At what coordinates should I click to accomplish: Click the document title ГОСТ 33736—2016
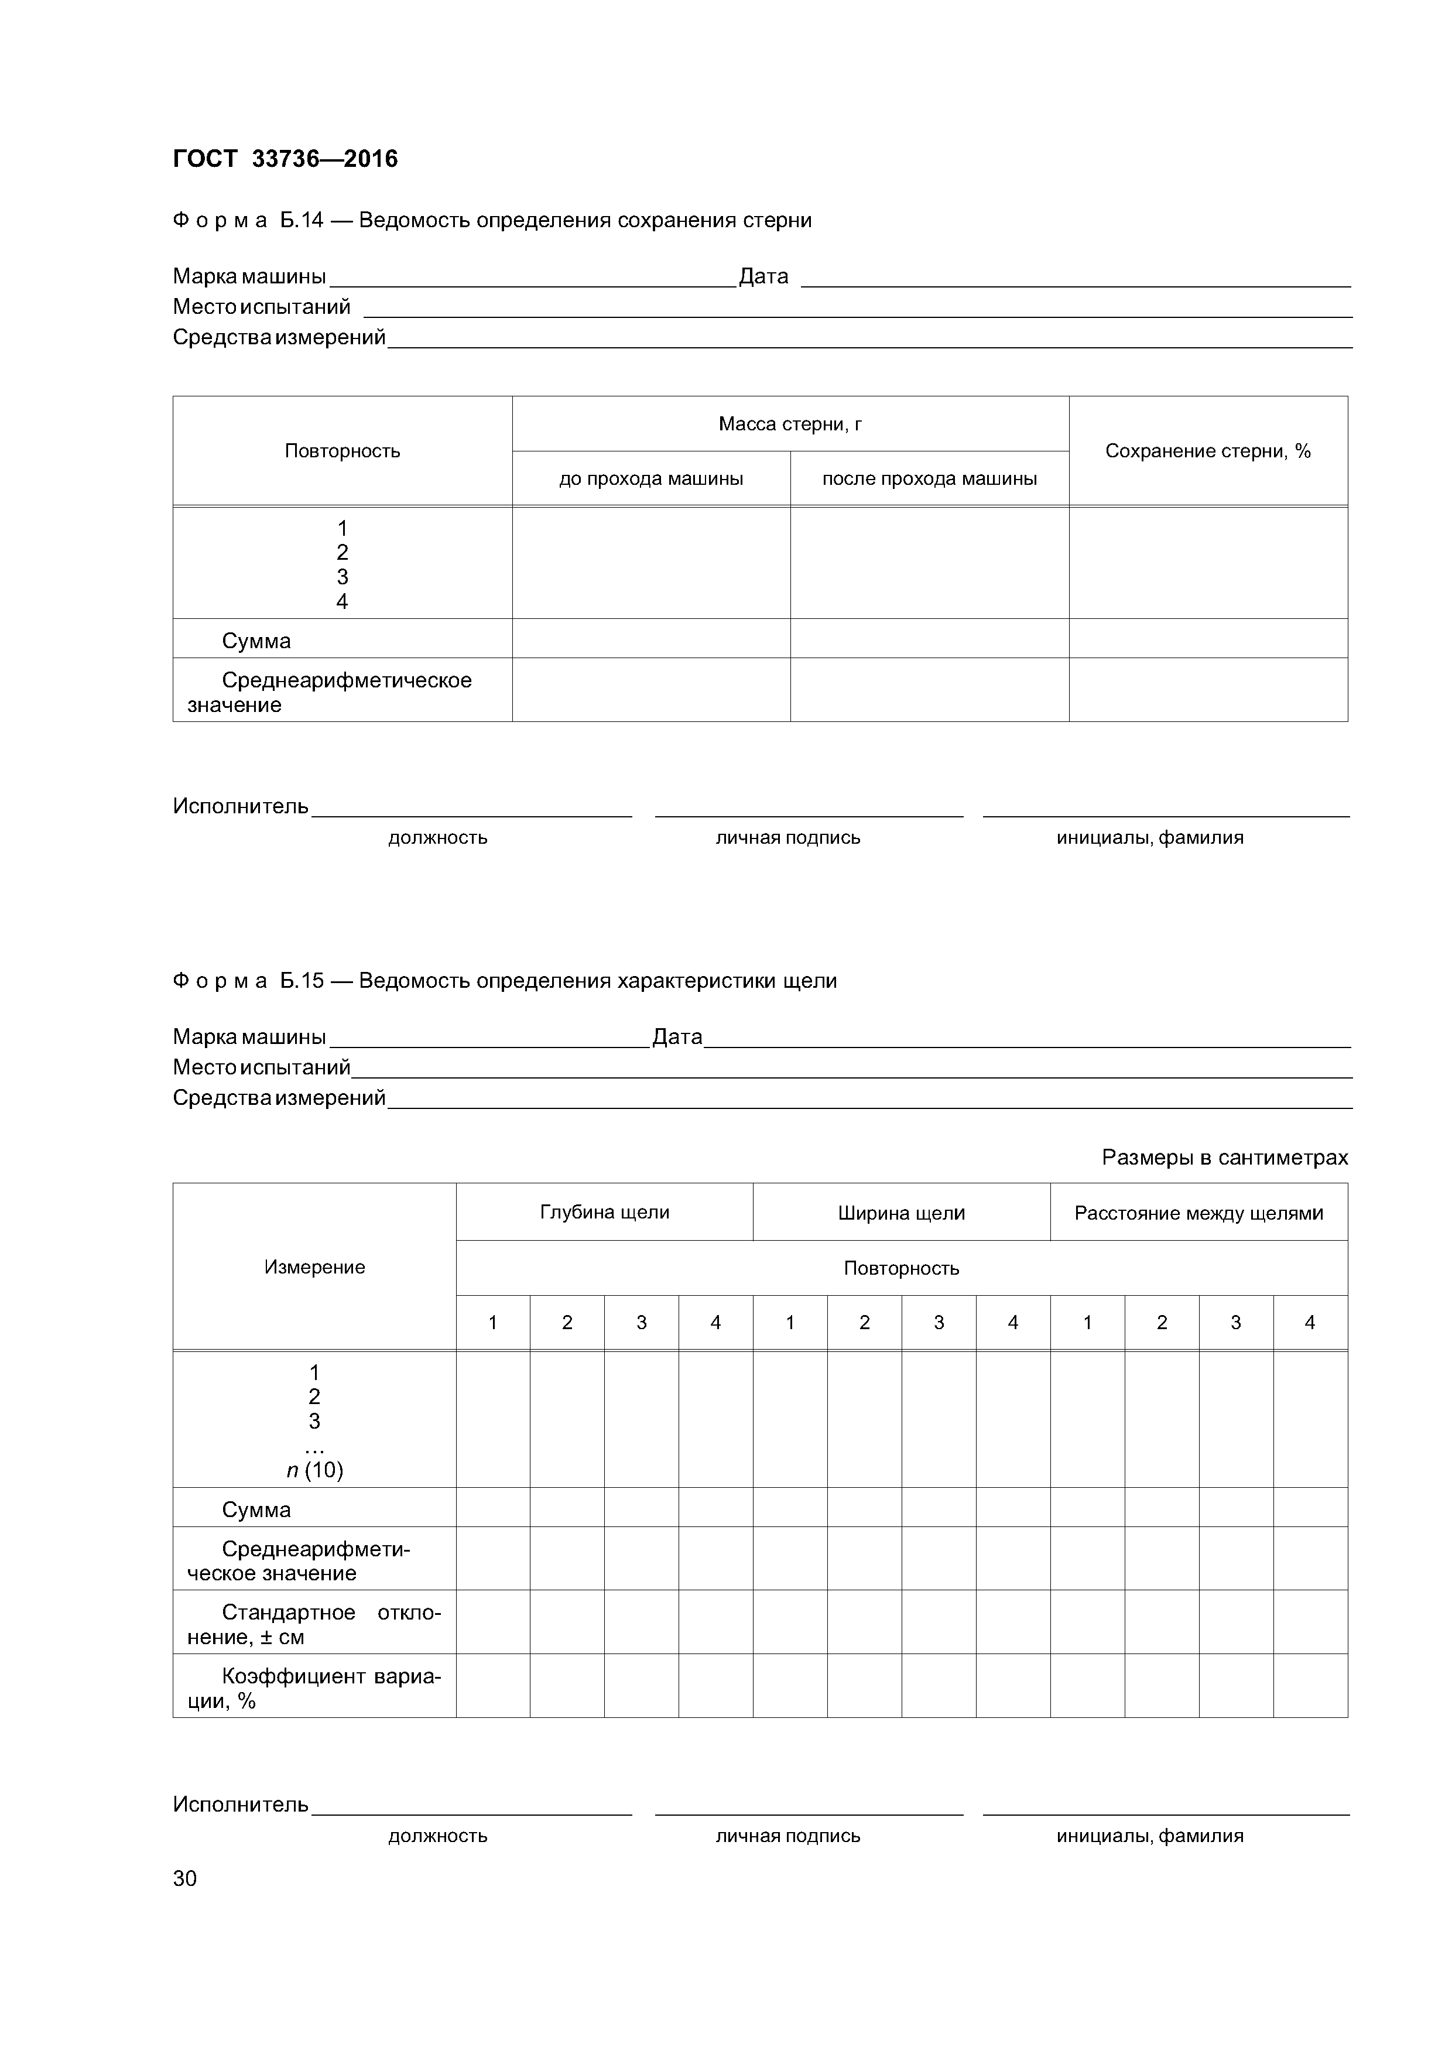pos(285,159)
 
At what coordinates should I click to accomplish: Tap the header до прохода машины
pos(650,478)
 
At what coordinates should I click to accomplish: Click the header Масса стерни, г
pos(789,424)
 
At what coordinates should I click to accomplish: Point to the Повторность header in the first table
pos(342,451)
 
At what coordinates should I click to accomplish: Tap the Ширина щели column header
pos(901,1213)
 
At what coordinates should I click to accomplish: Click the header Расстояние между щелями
pos(1198,1213)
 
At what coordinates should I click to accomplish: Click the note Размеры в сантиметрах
pos(1224,1158)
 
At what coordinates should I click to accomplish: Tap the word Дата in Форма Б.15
pos(677,1037)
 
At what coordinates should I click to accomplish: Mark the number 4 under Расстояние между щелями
pos(1309,1322)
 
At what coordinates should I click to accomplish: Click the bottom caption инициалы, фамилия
pos(1150,1836)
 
